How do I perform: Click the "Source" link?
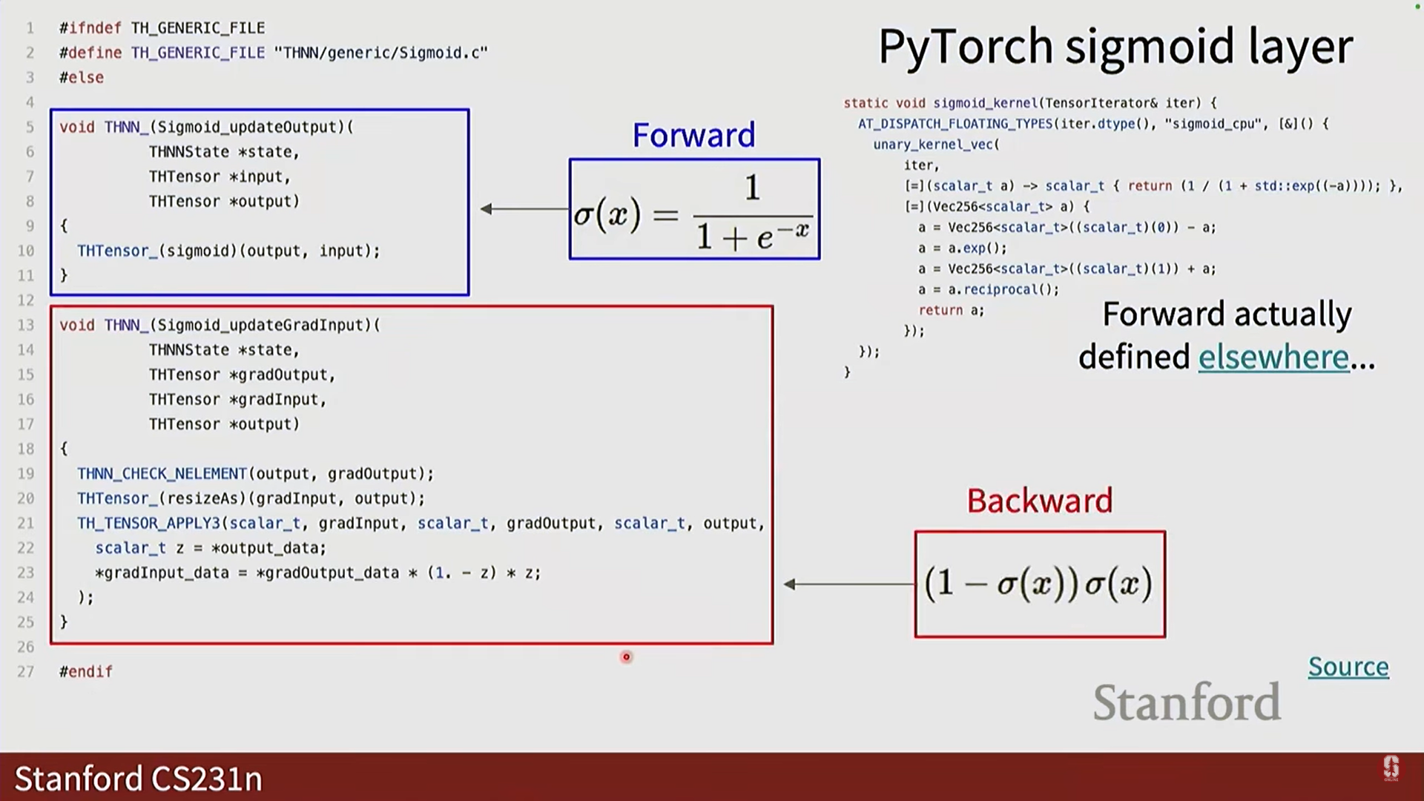(x=1348, y=667)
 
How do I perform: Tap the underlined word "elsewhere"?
(x=1273, y=357)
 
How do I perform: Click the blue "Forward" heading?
(x=693, y=135)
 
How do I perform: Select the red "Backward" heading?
(x=1039, y=501)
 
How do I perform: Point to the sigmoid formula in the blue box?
(x=694, y=210)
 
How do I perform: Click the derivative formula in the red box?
(x=1039, y=584)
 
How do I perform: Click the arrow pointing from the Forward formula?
(x=524, y=209)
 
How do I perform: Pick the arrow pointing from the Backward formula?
(x=848, y=584)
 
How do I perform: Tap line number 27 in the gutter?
(x=26, y=672)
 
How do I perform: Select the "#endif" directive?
(x=86, y=672)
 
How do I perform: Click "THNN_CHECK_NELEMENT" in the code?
(x=162, y=474)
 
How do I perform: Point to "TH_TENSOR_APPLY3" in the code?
(x=148, y=524)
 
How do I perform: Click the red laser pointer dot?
(x=627, y=657)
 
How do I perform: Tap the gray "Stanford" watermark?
(x=1187, y=702)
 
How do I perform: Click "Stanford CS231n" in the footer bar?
(x=138, y=779)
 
